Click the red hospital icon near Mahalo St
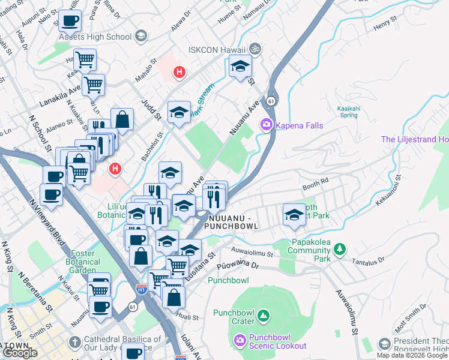point(178,73)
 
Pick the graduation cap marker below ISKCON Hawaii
point(240,67)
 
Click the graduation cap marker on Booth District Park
point(294,214)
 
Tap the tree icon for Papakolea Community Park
point(340,248)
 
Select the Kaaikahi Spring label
point(343,112)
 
